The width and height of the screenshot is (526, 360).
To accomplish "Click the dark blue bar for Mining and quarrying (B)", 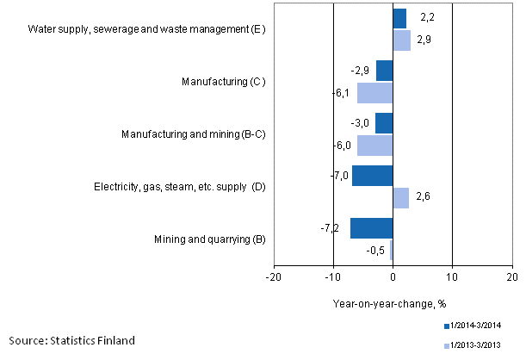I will tap(371, 228).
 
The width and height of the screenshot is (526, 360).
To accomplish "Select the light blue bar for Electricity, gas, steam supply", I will tap(400, 197).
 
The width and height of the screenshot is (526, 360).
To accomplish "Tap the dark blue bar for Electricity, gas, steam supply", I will tap(372, 176).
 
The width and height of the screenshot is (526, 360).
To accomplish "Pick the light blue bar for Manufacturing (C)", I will tap(374, 92).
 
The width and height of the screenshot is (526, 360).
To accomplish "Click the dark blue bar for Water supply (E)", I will tap(399, 18).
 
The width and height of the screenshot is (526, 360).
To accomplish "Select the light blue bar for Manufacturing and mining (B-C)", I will tap(374, 145).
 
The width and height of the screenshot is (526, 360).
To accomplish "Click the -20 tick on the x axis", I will tap(273, 277).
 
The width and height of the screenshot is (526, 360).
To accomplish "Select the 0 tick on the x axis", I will tap(393, 277).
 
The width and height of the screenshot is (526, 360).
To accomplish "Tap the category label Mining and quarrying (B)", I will tap(210, 239).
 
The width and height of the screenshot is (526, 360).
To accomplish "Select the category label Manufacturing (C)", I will tap(222, 82).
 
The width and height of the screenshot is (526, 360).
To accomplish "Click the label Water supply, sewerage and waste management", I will tap(146, 29).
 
